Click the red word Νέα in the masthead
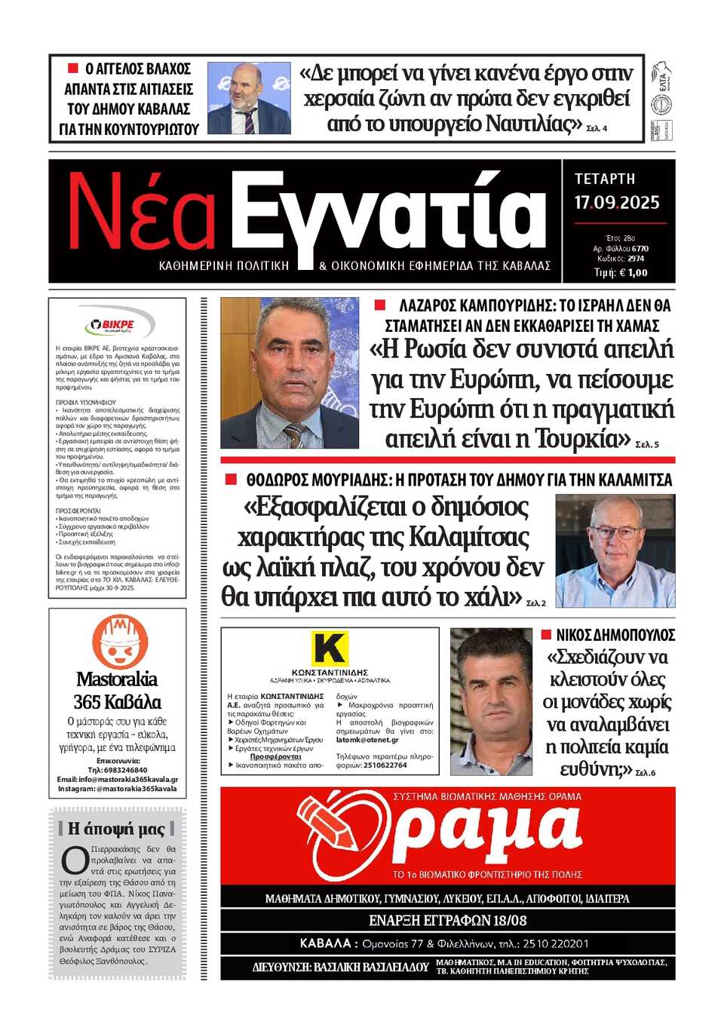click(142, 213)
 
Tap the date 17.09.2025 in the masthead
click(616, 203)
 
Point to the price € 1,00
click(631, 273)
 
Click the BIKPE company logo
click(118, 325)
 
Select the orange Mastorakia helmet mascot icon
click(119, 642)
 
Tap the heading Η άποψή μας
click(116, 829)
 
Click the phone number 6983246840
click(125, 770)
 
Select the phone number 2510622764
click(385, 765)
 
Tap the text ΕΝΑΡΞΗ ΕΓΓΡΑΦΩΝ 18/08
click(447, 921)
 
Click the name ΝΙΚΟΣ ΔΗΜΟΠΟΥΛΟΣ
click(615, 635)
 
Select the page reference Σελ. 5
click(647, 445)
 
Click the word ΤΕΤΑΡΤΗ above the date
click(605, 179)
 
